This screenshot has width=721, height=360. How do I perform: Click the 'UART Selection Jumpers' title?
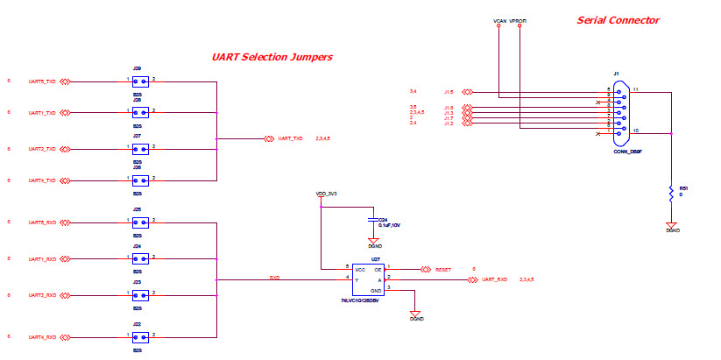coord(272,57)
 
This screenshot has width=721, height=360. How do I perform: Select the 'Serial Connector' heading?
coord(618,20)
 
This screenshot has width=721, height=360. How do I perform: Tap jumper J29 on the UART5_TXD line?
coord(139,81)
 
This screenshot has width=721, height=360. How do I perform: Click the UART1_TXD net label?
coord(42,113)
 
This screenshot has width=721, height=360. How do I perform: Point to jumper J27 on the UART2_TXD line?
coord(139,149)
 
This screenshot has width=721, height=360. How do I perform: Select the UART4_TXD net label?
coord(42,180)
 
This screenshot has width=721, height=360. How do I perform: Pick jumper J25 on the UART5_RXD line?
coord(139,223)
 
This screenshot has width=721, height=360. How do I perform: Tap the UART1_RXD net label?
coord(42,259)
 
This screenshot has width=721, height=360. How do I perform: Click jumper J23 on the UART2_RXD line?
coord(139,296)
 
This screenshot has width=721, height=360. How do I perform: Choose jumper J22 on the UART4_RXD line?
coord(139,336)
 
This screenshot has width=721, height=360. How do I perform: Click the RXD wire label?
coord(274,278)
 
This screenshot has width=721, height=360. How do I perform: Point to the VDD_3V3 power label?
coord(326,193)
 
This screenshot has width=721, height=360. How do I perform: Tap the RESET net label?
coord(443,270)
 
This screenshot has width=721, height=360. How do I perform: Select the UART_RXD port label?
coord(494,279)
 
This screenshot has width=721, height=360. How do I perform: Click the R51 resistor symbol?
coord(671,194)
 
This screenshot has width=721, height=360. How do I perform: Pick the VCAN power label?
coord(499,19)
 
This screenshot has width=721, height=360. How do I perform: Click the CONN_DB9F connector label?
coord(627,152)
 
